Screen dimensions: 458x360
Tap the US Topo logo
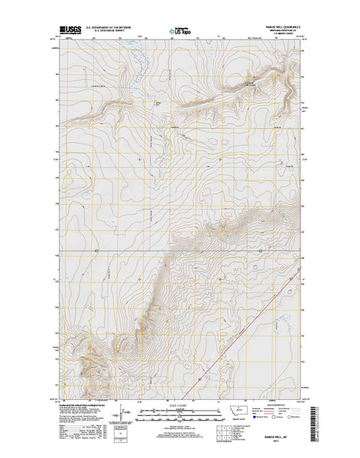point(179,34)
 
